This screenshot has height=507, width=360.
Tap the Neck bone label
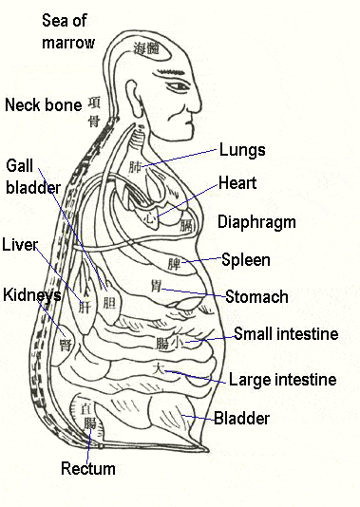click(x=42, y=104)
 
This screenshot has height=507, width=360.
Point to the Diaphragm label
click(x=256, y=222)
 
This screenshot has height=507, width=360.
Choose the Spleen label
click(x=245, y=259)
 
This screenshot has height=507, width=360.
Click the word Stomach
click(x=256, y=296)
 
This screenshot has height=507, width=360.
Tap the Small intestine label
click(x=285, y=334)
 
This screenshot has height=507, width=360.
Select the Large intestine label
click(x=282, y=380)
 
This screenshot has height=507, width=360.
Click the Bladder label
click(x=241, y=418)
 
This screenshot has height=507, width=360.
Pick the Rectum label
click(x=87, y=468)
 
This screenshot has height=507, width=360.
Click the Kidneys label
click(x=30, y=295)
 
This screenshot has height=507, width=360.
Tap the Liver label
click(x=19, y=245)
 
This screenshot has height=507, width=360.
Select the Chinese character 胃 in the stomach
click(x=156, y=286)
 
